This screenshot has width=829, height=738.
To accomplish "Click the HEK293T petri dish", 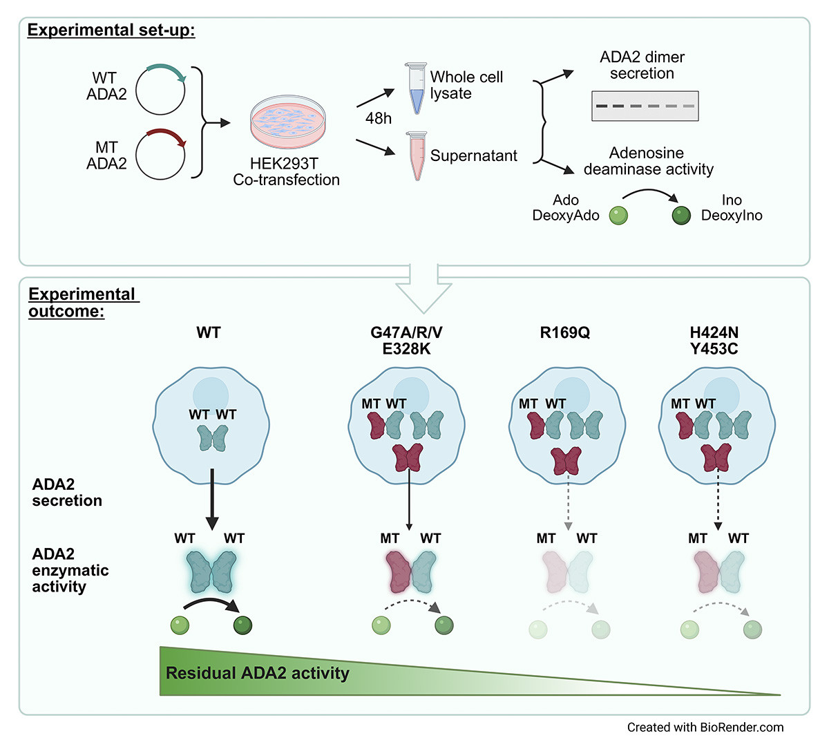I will tap(286, 122).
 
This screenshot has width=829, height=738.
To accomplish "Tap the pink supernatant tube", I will tap(417, 155).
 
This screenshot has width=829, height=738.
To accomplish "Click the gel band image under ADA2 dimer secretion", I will tap(645, 106).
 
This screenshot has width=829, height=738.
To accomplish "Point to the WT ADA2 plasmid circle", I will tap(160, 88).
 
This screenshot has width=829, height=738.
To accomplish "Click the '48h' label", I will tap(378, 118).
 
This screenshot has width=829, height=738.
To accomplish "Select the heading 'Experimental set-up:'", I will tap(111, 30).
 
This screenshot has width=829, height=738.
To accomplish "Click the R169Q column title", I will tap(565, 332).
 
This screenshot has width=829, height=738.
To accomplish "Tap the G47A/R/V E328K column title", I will tap(406, 340).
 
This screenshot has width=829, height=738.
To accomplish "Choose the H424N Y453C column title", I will tap(714, 340).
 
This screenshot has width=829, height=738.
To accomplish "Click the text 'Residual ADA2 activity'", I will tap(258, 673).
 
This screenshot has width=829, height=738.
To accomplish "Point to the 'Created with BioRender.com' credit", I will tap(705, 727).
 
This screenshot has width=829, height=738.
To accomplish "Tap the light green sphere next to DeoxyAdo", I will tap(618, 216).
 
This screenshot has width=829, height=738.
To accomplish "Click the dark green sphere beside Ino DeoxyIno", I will tap(681, 216).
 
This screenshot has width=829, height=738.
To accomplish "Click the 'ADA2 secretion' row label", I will tap(67, 492).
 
